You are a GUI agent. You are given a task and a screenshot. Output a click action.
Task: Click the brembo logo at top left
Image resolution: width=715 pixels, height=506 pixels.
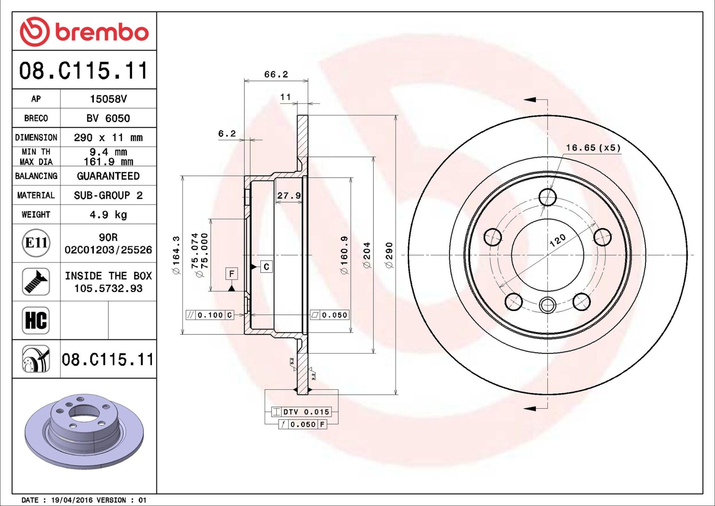pyautogui.click(x=84, y=32)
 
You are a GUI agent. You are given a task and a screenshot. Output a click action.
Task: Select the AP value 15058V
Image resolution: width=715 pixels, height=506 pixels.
pyautogui.click(x=108, y=99)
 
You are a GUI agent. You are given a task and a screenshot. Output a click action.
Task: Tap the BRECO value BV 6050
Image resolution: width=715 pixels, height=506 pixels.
pyautogui.click(x=108, y=118)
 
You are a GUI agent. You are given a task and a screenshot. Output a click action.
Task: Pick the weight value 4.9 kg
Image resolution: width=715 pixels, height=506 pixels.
pyautogui.click(x=108, y=215)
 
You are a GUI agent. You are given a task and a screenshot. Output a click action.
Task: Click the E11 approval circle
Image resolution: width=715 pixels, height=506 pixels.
pyautogui.click(x=36, y=243)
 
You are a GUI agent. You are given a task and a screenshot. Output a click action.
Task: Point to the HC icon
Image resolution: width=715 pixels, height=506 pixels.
pyautogui.click(x=36, y=320)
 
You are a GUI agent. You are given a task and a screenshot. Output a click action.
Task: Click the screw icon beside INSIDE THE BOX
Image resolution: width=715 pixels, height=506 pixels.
pyautogui.click(x=36, y=282)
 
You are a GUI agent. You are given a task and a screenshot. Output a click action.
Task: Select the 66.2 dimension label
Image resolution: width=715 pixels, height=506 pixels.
pyautogui.click(x=276, y=75)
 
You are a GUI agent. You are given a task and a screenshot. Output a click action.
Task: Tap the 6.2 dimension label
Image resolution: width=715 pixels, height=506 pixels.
pyautogui.click(x=227, y=133)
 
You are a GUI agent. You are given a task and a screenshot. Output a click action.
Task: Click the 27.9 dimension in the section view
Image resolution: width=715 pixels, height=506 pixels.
pyautogui.click(x=289, y=196)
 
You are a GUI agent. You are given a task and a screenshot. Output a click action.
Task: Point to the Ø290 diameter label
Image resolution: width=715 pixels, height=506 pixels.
pyautogui.click(x=389, y=255)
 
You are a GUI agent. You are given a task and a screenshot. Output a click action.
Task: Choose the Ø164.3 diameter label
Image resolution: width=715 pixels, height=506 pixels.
pyautogui.click(x=176, y=255)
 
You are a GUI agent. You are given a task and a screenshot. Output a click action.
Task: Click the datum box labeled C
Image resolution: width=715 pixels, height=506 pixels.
pyautogui.click(x=266, y=267)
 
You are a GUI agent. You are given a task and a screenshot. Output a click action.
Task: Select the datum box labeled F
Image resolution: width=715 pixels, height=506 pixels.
pyautogui.click(x=232, y=274)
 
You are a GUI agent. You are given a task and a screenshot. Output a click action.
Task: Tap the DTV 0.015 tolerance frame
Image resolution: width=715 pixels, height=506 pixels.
pyautogui.click(x=301, y=412)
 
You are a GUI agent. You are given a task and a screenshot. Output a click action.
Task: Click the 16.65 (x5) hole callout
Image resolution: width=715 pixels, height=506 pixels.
pyautogui.click(x=594, y=148)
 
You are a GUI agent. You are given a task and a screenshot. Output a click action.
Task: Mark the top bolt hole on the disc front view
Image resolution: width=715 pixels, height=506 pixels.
pyautogui.click(x=547, y=197)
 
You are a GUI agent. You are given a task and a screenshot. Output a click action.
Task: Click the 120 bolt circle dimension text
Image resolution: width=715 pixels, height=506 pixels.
pyautogui.click(x=557, y=241)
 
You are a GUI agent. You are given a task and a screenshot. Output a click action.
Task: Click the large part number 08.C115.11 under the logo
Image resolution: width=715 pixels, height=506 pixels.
pyautogui.click(x=84, y=70)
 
